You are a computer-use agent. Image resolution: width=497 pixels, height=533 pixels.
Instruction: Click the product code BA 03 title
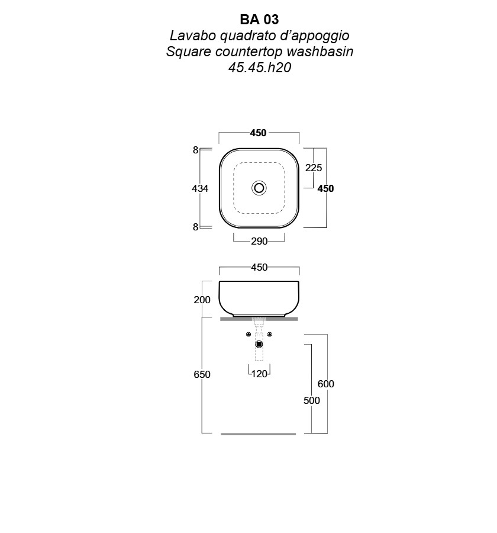pyautogui.click(x=259, y=20)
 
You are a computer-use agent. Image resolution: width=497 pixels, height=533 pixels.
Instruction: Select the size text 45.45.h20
pyautogui.click(x=260, y=68)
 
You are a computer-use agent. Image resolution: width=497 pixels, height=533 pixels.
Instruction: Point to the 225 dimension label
pyautogui.click(x=313, y=168)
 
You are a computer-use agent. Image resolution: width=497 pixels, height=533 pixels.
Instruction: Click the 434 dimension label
pyautogui.click(x=200, y=188)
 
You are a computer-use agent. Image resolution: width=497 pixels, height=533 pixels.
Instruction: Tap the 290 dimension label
pyautogui.click(x=259, y=242)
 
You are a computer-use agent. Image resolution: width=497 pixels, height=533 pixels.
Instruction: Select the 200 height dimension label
pyautogui.click(x=202, y=300)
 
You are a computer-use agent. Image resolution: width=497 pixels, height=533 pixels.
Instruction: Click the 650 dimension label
pyautogui.click(x=202, y=374)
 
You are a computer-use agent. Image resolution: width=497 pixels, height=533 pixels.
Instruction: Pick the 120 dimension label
pyautogui.click(x=259, y=374)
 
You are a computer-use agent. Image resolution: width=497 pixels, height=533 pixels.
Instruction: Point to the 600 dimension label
pyautogui.click(x=325, y=384)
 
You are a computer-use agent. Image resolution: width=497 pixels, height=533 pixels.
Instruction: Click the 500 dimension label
pyautogui.click(x=312, y=400)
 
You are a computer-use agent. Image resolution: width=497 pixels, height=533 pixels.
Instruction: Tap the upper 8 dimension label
pyautogui.click(x=195, y=150)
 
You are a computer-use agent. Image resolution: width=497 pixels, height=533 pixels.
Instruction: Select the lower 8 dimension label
pyautogui.click(x=195, y=227)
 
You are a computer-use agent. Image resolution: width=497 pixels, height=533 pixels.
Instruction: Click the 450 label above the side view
pyautogui.click(x=259, y=268)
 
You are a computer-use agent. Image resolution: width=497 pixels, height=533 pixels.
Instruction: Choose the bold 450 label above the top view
pyautogui.click(x=258, y=133)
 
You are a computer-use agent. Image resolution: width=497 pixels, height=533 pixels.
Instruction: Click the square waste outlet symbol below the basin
pyautogui.click(x=259, y=344)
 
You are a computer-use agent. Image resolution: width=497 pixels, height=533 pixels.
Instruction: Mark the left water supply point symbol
pyautogui.click(x=248, y=335)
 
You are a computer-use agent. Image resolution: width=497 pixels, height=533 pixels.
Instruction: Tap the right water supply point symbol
pyautogui.click(x=270, y=335)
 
